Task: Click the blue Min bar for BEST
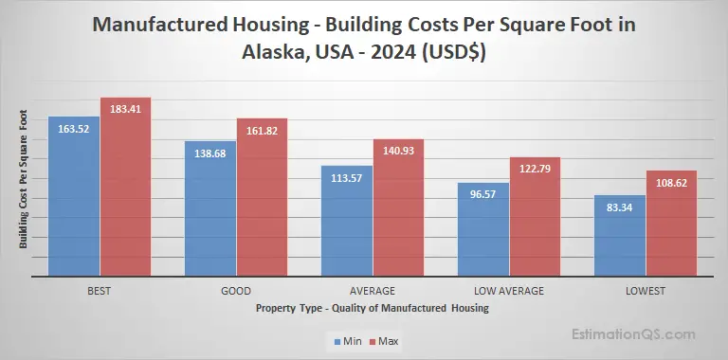[74, 199]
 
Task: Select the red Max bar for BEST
[125, 189]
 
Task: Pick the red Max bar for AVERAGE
[398, 210]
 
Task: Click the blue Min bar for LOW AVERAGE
[483, 232]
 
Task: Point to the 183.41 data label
[125, 108]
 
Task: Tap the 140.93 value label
[398, 150]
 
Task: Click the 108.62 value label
[671, 181]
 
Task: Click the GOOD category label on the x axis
[235, 290]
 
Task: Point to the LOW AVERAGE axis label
[508, 290]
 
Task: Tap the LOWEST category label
[646, 290]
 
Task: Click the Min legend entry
[347, 338]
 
